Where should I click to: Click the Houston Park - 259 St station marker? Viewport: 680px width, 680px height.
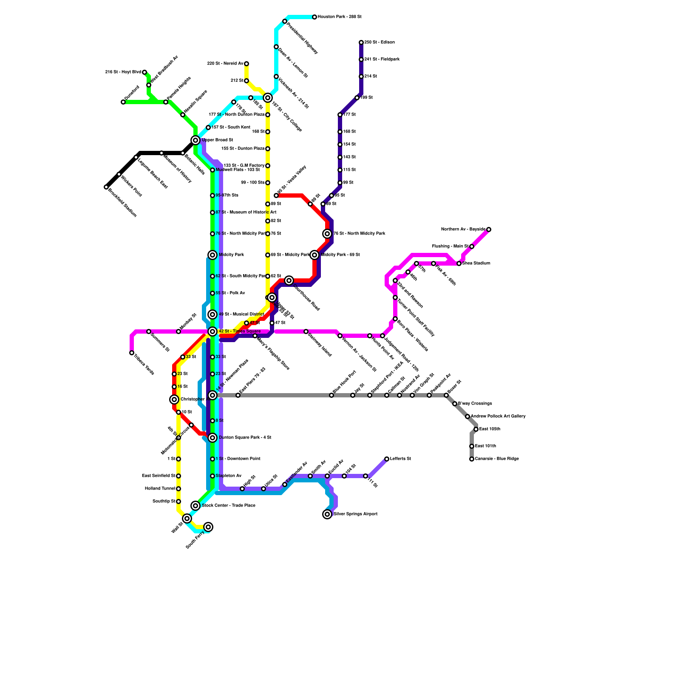(314, 17)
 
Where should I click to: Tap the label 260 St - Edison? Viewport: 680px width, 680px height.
(380, 42)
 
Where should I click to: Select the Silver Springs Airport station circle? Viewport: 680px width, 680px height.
(327, 514)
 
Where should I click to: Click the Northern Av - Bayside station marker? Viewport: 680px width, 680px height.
(489, 229)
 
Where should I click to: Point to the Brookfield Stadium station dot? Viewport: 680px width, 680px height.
(106, 187)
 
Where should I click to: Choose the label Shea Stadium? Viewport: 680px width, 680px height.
(476, 263)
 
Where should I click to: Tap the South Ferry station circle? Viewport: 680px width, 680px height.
(208, 527)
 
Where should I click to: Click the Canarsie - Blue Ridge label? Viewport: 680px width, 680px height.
(497, 459)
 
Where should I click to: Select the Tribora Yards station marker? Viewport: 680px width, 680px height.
(132, 353)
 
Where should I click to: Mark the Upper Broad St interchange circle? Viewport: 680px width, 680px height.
(195, 140)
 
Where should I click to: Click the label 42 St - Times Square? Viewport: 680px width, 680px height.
(240, 331)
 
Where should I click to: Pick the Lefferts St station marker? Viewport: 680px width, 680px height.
(387, 459)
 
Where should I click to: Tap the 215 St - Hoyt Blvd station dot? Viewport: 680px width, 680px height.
(144, 72)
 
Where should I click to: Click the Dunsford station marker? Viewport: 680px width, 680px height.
(123, 102)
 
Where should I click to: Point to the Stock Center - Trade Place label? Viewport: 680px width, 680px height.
(229, 506)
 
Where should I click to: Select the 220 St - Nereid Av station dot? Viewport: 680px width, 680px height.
(246, 64)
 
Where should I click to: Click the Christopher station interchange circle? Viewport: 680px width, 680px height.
(174, 399)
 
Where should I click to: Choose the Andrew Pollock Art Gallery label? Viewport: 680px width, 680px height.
(498, 416)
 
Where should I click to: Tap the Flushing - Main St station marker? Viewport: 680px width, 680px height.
(472, 246)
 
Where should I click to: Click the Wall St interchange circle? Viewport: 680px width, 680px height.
(187, 518)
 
